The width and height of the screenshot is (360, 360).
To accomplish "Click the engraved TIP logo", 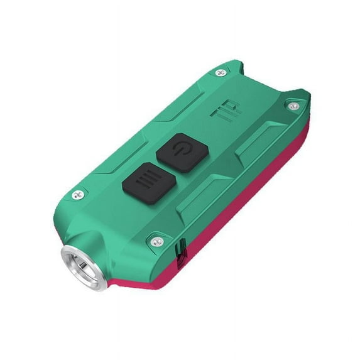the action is pyautogui.click(x=226, y=110).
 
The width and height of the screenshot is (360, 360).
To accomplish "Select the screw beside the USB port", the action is pyautogui.click(x=157, y=241).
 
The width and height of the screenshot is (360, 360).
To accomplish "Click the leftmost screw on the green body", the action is pyautogui.click(x=78, y=195).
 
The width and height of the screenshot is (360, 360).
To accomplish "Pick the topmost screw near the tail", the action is pyautogui.click(x=222, y=73).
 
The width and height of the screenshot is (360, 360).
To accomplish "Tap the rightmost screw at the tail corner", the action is pyautogui.click(x=293, y=106).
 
